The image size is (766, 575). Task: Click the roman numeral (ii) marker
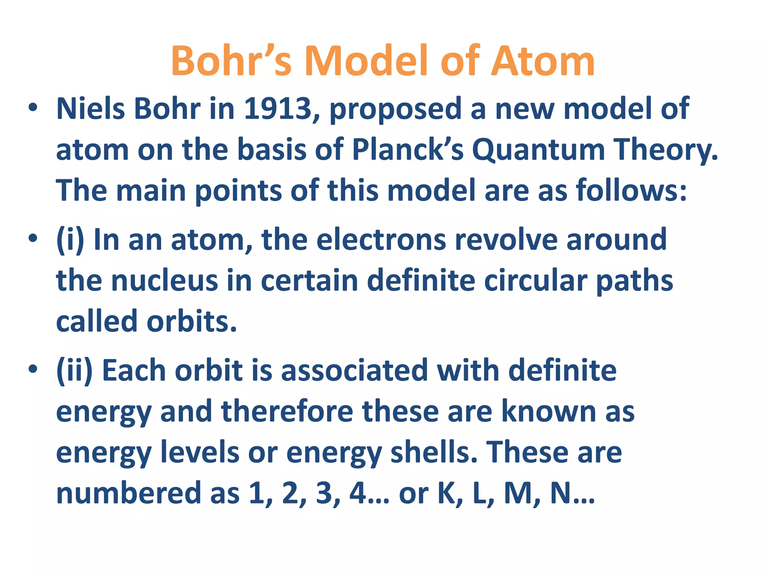[x=74, y=371]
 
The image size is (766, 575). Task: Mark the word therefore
[x=287, y=411]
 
